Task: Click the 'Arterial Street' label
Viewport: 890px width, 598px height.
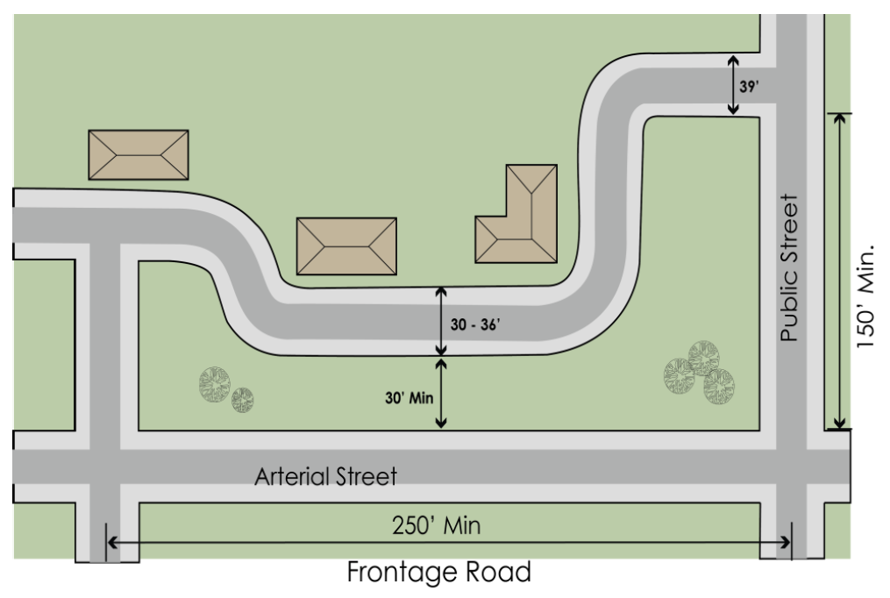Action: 325,478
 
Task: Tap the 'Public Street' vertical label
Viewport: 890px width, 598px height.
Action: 792,268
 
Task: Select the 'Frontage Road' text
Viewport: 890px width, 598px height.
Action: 438,573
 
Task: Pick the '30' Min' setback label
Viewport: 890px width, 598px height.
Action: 409,397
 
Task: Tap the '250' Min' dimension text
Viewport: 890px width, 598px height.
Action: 436,526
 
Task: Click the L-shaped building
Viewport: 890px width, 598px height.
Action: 517,215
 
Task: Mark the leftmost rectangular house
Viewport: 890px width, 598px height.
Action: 139,154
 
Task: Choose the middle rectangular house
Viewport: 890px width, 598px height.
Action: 346,246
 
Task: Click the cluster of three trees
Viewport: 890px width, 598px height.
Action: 700,372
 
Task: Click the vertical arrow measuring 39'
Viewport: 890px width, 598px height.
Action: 734,84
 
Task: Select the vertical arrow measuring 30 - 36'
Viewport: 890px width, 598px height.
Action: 441,321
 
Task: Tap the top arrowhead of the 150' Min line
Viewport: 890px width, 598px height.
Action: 840,119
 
